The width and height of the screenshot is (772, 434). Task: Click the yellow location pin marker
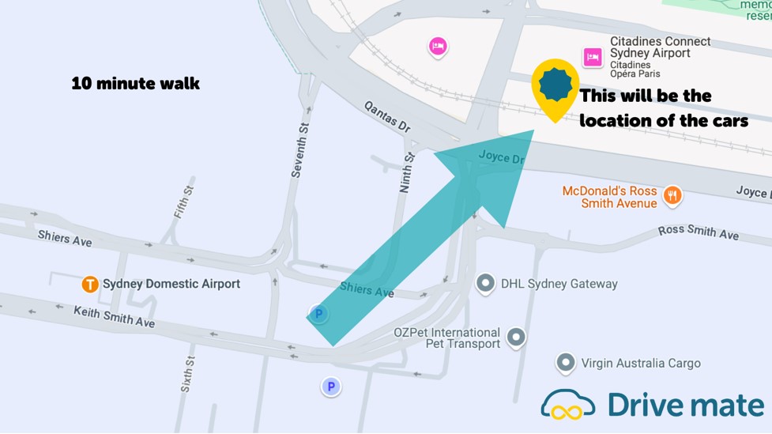coord(555,85)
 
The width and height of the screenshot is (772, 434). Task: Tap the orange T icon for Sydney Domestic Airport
coord(90,284)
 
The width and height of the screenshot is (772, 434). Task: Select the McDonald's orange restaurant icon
coord(672,195)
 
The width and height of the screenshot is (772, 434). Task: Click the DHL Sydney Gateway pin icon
coord(485,283)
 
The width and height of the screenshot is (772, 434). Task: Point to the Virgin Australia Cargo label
coord(641,364)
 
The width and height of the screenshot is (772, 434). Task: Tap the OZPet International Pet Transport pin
coord(516,338)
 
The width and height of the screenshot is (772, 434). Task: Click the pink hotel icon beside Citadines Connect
coord(593,57)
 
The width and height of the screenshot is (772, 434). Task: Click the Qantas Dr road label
coord(388,116)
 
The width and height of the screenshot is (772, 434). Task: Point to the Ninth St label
coord(406,173)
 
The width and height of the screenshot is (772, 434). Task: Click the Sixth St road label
coord(188,374)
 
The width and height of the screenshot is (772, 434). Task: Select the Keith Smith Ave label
coord(115,316)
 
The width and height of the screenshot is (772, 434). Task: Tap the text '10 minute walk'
coord(135,83)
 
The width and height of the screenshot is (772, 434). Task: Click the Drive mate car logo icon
coord(568,404)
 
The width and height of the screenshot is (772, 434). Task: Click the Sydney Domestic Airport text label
coord(171,284)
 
